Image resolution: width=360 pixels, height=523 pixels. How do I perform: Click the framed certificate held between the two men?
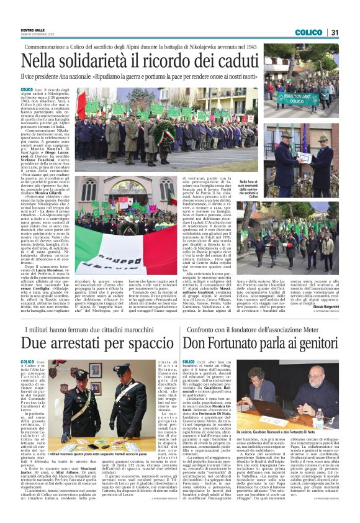tap(304, 158)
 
